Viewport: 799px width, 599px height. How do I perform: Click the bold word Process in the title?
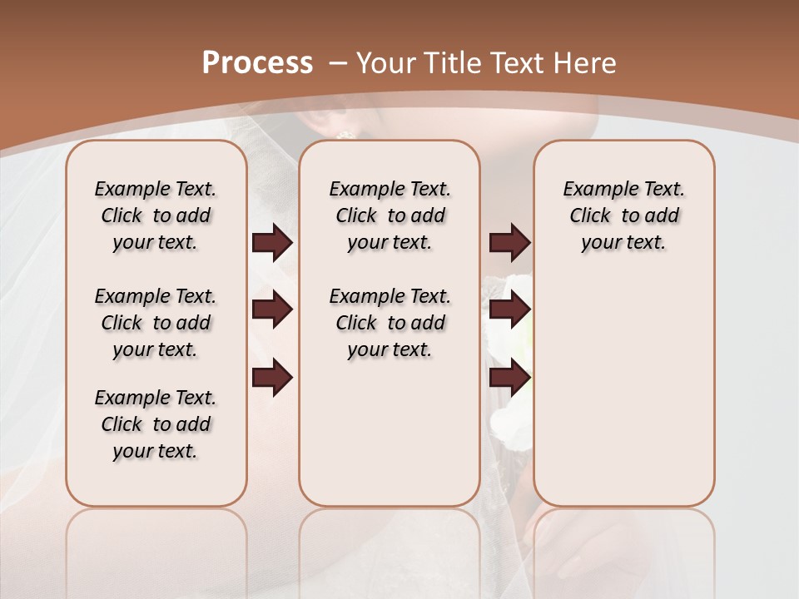[257, 63]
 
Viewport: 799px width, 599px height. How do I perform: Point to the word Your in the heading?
[387, 63]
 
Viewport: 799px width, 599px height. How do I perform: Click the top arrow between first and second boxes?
[272, 243]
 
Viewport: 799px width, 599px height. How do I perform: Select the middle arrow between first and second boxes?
[272, 309]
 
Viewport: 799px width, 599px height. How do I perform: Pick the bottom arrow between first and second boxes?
[272, 379]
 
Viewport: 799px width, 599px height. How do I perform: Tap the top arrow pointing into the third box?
[509, 243]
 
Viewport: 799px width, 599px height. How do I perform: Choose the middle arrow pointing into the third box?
[509, 309]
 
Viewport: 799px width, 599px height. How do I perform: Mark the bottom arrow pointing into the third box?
[509, 379]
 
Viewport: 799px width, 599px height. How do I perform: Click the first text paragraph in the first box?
[156, 215]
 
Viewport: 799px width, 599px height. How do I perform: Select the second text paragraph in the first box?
[156, 323]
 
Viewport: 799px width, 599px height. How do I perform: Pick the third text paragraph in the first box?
[156, 424]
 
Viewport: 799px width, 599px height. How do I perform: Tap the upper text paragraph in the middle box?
[390, 215]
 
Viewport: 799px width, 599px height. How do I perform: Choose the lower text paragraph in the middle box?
[390, 323]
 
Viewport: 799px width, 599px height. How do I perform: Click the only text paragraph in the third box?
[623, 215]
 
